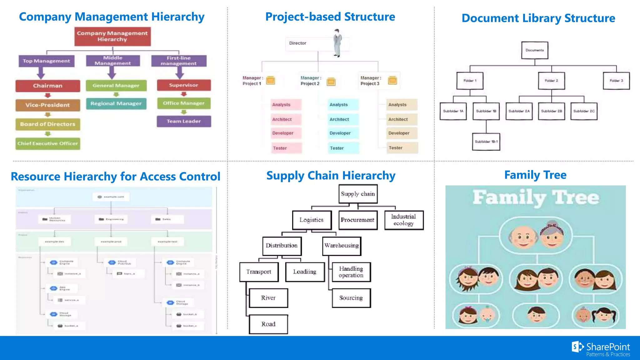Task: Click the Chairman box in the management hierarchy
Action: (48, 86)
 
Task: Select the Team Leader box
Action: (184, 121)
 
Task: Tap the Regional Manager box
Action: (116, 103)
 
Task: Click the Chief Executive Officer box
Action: (48, 143)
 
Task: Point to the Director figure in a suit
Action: (337, 43)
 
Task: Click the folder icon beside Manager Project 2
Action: (331, 81)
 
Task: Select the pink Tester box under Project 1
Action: (286, 148)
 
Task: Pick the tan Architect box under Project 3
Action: (402, 119)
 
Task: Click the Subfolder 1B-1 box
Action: (486, 142)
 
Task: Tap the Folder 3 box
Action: (616, 81)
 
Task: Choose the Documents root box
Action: (535, 50)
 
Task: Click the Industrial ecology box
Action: (404, 220)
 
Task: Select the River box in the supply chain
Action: (268, 298)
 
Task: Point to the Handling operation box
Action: (351, 272)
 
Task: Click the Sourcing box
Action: (351, 298)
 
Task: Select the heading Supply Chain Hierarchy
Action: (331, 176)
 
